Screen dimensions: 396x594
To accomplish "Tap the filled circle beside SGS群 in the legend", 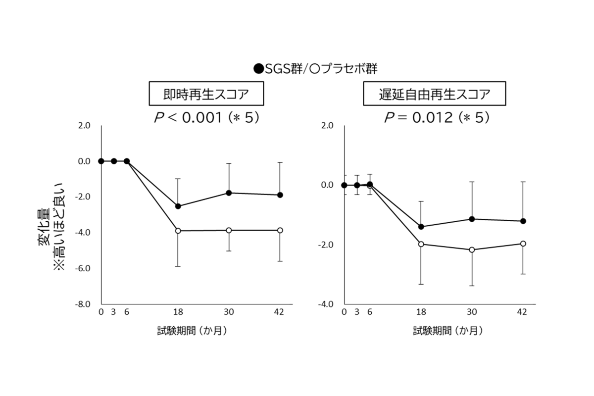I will pyautogui.click(x=258, y=69).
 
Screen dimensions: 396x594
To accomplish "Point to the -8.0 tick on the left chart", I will pyautogui.click(x=83, y=304).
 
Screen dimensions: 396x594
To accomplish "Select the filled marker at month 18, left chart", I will pyautogui.click(x=178, y=206).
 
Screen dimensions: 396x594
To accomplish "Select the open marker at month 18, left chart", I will pyautogui.click(x=178, y=231).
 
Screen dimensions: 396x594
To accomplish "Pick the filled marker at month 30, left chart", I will pyautogui.click(x=229, y=193).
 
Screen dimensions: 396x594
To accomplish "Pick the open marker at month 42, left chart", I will pyautogui.click(x=280, y=230).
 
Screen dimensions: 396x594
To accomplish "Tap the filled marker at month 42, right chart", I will pyautogui.click(x=523, y=221).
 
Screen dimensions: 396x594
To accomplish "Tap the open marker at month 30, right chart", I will pyautogui.click(x=472, y=250).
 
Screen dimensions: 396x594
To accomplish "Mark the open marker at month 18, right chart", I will pyautogui.click(x=421, y=244).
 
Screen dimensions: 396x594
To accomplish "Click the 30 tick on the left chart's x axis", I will pyautogui.click(x=229, y=312).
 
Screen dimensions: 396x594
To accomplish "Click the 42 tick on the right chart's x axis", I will pyautogui.click(x=522, y=312).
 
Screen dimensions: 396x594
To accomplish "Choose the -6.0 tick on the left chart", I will pyautogui.click(x=83, y=268).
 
